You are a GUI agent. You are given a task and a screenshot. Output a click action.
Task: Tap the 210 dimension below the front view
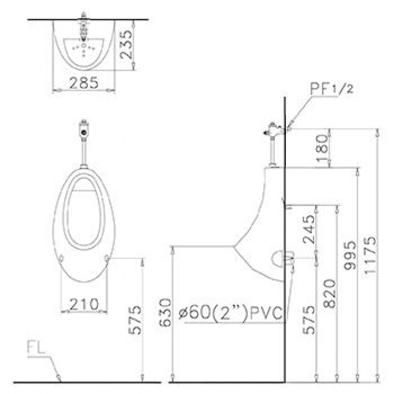(84, 304)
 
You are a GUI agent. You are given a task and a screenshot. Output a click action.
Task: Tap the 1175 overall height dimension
(371, 255)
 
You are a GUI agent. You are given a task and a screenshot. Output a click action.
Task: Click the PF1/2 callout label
(332, 89)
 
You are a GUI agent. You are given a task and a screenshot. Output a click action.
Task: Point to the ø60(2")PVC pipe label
(231, 313)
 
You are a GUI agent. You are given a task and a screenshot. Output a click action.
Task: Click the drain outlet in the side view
(282, 259)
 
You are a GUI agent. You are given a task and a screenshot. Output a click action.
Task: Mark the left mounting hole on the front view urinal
(61, 258)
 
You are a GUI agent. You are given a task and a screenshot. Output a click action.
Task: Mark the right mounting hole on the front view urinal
(108, 258)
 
